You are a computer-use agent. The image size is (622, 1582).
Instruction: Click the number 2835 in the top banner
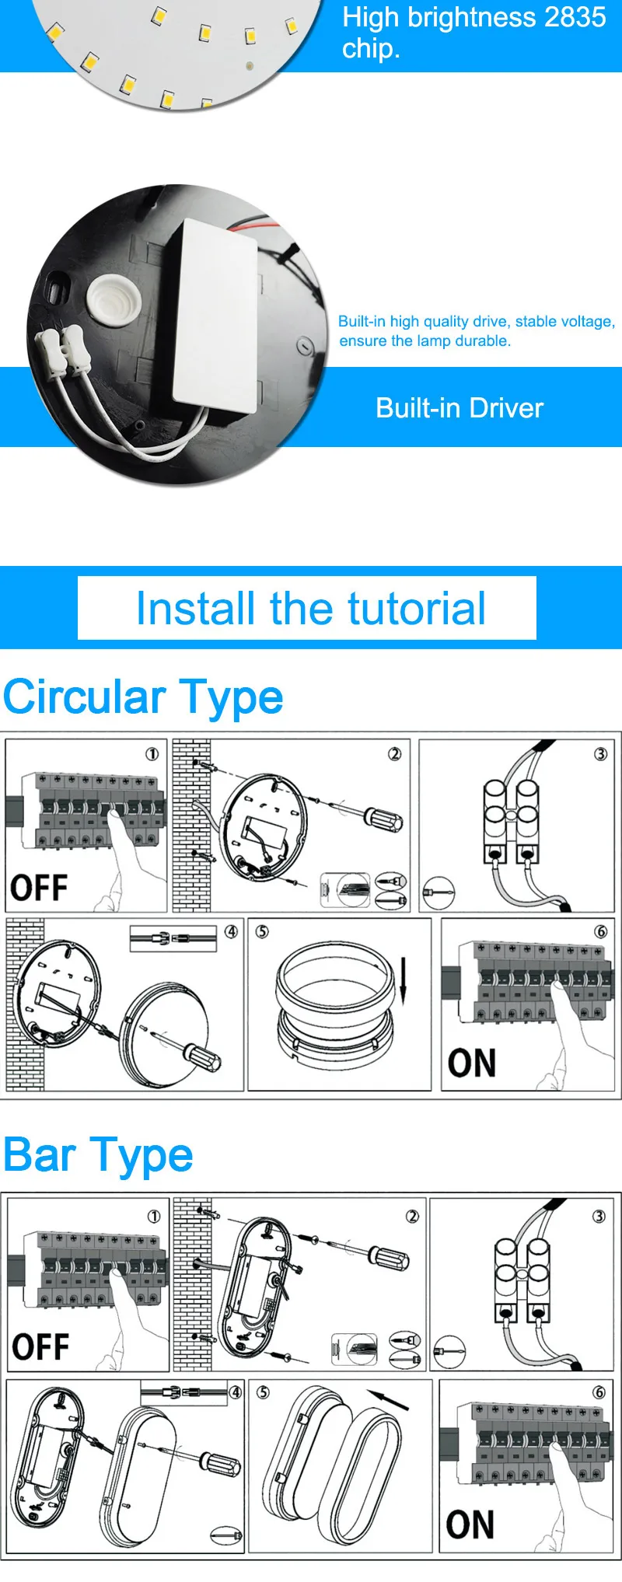(576, 17)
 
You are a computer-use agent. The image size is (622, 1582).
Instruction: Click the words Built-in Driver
(460, 408)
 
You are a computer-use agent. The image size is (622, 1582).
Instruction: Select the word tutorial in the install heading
(417, 608)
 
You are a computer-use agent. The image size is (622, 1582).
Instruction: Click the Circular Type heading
(143, 697)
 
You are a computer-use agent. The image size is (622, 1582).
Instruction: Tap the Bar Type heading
(98, 1155)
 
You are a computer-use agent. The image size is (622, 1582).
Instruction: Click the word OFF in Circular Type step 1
(39, 887)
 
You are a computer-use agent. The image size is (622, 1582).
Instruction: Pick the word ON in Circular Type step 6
(472, 1063)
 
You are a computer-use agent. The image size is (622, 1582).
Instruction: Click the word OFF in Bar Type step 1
(40, 1346)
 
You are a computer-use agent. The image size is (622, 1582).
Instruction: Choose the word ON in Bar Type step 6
(470, 1524)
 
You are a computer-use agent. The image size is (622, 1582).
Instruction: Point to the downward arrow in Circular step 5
(404, 980)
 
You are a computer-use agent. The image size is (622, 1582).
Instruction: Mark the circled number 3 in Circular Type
(600, 754)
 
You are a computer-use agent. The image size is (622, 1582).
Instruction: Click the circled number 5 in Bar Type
(263, 1392)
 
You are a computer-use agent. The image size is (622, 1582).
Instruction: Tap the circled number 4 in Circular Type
(231, 931)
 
